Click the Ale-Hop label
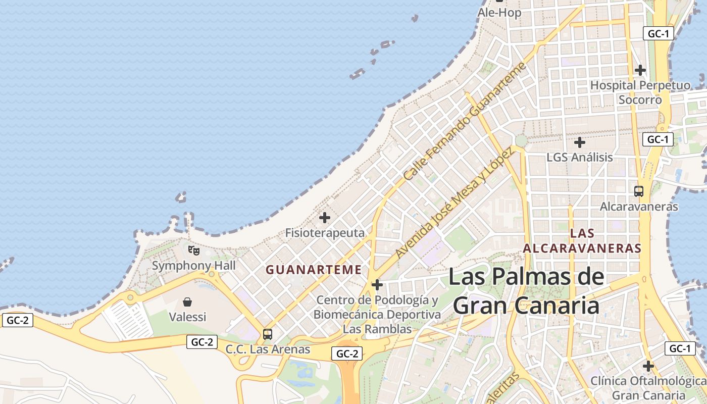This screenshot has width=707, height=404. [x=499, y=13]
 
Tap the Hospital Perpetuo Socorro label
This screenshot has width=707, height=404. [x=640, y=92]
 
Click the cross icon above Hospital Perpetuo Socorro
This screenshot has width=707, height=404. [x=640, y=70]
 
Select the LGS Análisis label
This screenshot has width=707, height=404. [x=580, y=158]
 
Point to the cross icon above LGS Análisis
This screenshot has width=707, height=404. [x=580, y=142]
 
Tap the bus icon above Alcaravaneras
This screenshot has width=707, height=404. [x=639, y=191]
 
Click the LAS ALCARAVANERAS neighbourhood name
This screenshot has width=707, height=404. [x=582, y=241]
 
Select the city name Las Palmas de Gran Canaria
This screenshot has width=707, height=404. [x=526, y=291]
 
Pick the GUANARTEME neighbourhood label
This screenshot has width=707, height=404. [x=314, y=270]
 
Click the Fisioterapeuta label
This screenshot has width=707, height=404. [x=325, y=233]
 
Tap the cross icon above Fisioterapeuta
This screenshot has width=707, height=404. [x=325, y=218]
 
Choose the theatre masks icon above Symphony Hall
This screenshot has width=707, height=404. [x=193, y=250]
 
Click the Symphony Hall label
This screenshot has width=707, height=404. [x=194, y=266]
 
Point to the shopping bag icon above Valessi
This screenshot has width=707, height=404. [x=187, y=302]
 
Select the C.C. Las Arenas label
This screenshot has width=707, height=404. [x=268, y=349]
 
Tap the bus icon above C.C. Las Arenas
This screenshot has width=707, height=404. [x=268, y=334]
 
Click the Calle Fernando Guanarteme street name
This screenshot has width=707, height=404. [x=465, y=122]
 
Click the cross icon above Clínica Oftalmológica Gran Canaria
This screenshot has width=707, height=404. [x=648, y=366]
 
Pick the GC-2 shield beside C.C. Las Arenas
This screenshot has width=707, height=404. [x=202, y=342]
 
